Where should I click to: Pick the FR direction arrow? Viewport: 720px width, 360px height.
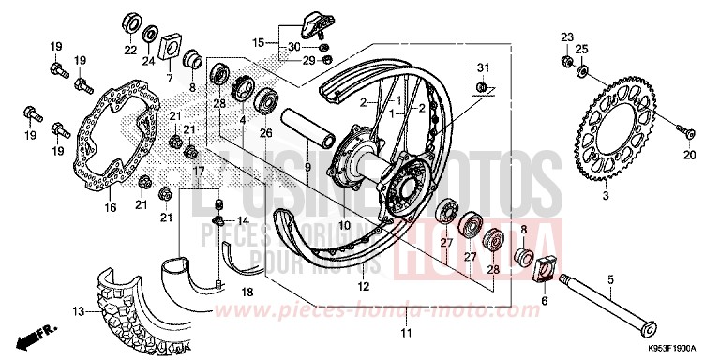(39, 332)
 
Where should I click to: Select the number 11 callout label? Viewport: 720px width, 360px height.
(406, 334)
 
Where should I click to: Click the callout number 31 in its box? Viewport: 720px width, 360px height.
(483, 67)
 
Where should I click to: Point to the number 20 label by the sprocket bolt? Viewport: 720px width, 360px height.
(689, 155)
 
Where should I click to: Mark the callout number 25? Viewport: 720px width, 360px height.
(581, 48)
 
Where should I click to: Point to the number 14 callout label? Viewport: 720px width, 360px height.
(242, 220)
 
